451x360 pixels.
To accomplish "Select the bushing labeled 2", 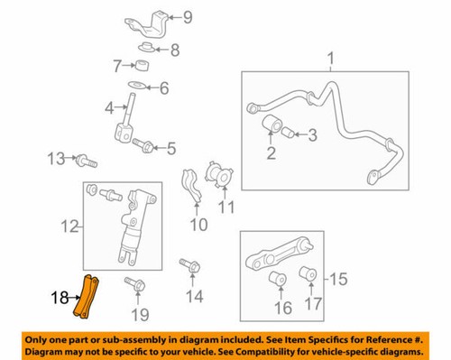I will (272, 126).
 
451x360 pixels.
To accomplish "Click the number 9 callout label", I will (188, 17).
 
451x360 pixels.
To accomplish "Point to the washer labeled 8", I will (146, 48).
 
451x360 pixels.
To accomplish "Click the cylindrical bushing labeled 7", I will (140, 66).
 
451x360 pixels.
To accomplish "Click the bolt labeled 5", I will (142, 143).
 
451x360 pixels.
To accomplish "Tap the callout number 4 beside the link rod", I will (108, 108).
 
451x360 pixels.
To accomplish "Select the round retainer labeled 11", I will (219, 174).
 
